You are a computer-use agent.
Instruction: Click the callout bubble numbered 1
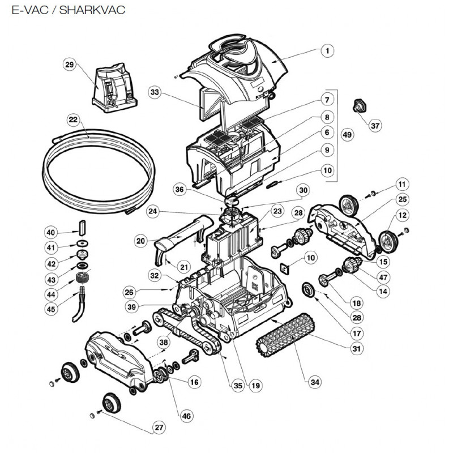click(x=327, y=50)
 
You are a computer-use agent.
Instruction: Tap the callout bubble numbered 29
click(x=70, y=66)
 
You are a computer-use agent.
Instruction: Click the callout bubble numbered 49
click(x=348, y=135)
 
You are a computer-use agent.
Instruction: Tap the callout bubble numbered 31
click(x=356, y=348)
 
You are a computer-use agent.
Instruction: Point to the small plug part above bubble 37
click(x=358, y=105)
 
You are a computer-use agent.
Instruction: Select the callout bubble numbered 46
click(x=186, y=416)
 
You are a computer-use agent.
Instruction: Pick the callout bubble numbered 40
click(x=51, y=232)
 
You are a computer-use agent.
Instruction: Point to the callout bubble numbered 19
click(x=256, y=386)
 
